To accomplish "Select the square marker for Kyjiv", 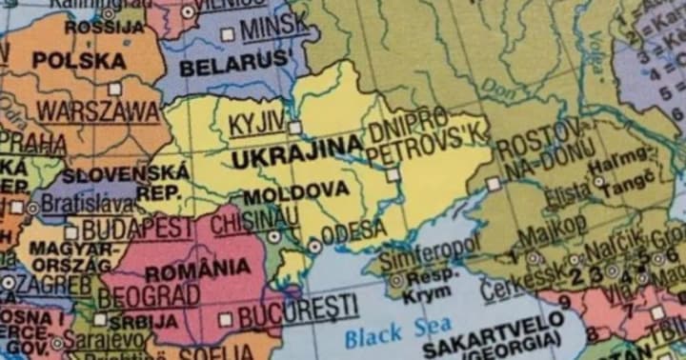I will pos(294,127).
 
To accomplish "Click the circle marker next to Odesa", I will pos(314,246).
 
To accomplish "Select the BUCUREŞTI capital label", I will pos(299,308).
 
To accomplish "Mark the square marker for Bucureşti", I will pos(226,319).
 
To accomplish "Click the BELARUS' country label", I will pos(234,67).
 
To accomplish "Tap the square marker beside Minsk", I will pos(228,34).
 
